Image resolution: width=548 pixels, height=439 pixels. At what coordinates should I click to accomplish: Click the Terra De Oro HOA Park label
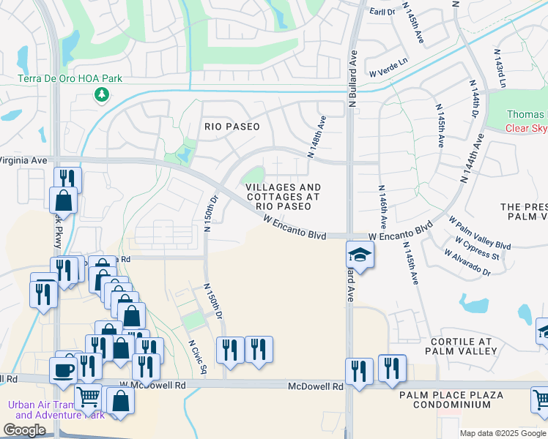click(x=70, y=79)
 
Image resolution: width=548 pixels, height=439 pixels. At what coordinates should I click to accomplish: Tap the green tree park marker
click(x=101, y=94)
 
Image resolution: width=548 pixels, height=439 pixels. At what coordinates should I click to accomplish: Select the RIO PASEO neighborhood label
click(x=232, y=127)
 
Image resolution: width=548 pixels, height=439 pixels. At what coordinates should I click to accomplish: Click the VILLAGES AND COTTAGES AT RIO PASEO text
click(x=283, y=197)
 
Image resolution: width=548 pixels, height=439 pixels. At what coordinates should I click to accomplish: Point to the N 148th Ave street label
click(x=315, y=137)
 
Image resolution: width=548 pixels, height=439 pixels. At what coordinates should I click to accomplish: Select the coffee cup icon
click(x=63, y=368)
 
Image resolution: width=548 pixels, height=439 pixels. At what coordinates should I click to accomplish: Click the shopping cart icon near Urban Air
click(x=89, y=397)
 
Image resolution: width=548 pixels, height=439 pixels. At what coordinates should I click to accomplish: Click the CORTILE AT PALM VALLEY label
click(x=461, y=346)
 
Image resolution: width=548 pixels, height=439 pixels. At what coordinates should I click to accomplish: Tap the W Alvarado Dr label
click(x=467, y=263)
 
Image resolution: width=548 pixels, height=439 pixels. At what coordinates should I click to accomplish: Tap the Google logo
click(x=26, y=430)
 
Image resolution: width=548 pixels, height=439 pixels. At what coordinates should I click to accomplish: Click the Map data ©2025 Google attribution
click(x=502, y=433)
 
